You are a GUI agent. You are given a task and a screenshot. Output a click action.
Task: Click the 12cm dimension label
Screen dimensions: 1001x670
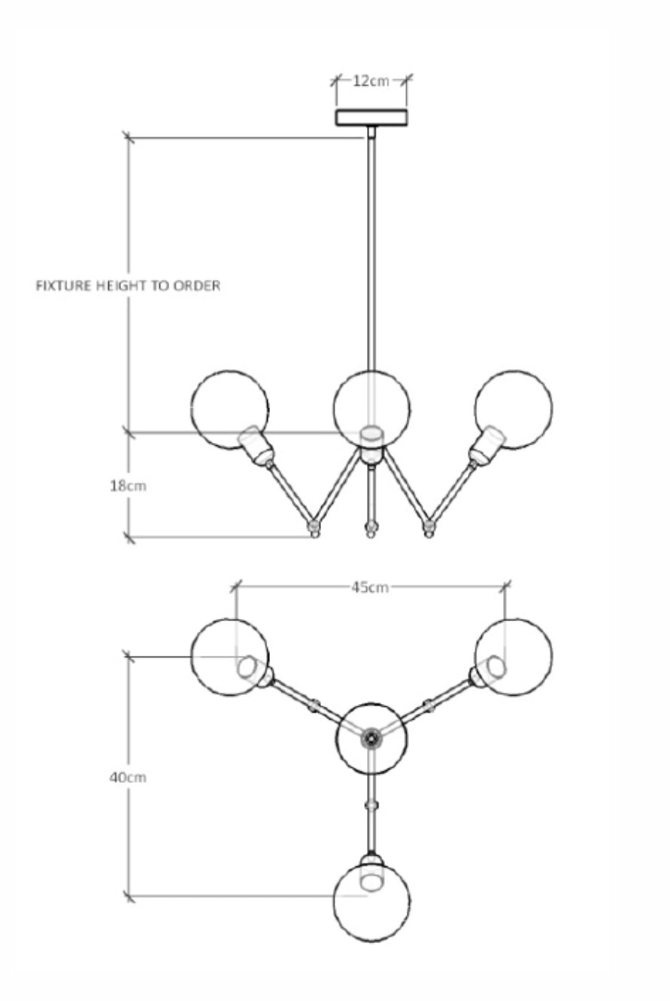click(x=371, y=80)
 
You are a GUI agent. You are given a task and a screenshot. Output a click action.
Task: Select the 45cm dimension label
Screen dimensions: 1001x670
click(x=370, y=587)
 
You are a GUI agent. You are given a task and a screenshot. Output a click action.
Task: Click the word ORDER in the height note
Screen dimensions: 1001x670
click(x=198, y=287)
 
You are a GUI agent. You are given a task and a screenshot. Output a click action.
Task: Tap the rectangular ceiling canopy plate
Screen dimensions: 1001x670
click(x=371, y=117)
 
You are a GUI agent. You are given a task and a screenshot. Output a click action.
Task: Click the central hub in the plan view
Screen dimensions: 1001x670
click(x=371, y=739)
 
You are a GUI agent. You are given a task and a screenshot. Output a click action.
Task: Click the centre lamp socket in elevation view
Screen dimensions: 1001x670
click(x=371, y=445)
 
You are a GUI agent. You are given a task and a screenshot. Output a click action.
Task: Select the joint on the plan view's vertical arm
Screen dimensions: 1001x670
click(x=371, y=805)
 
